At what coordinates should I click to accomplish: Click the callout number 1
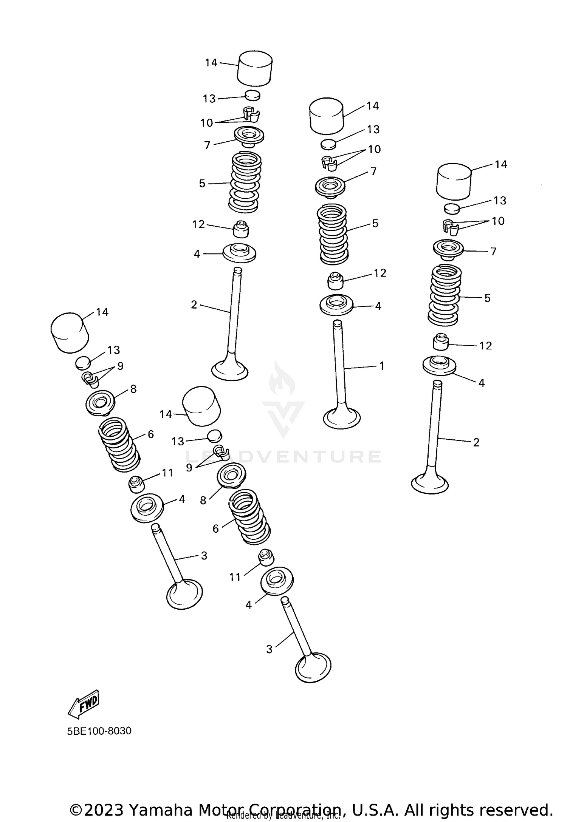click(382, 366)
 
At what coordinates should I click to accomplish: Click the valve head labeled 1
click(342, 418)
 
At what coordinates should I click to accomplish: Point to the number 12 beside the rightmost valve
click(485, 346)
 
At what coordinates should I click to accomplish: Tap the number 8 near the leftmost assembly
click(133, 389)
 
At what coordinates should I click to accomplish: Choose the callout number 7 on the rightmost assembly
click(493, 251)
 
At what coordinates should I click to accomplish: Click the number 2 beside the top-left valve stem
click(194, 304)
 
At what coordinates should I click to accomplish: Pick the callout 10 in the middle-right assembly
click(374, 149)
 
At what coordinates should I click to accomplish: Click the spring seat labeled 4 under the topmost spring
click(239, 253)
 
